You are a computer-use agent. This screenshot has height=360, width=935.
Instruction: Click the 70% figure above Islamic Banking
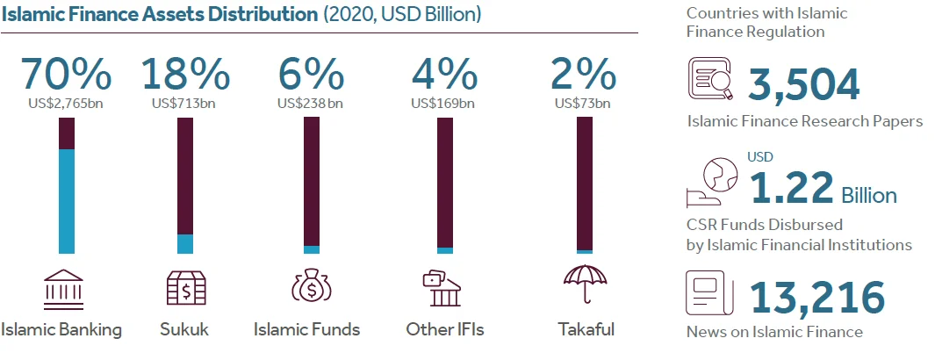(x=66, y=76)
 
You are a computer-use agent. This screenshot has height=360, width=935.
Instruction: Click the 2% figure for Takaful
(x=584, y=76)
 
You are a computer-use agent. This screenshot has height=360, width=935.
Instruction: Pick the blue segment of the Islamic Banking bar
(x=67, y=201)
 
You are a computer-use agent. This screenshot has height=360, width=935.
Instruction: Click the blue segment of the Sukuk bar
(x=185, y=244)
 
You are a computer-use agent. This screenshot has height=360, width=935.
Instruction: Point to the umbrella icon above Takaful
(x=585, y=285)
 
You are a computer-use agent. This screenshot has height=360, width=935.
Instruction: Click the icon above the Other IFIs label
(x=443, y=290)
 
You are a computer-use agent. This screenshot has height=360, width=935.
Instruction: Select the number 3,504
(x=804, y=85)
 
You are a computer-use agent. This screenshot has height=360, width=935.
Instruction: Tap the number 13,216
(x=816, y=298)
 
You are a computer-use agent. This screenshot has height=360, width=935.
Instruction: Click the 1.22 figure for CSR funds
(x=791, y=187)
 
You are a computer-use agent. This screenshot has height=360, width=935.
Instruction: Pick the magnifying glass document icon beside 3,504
(x=709, y=81)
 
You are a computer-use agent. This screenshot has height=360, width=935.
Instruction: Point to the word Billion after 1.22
(x=869, y=194)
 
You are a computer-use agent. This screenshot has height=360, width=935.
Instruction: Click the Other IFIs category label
(x=445, y=330)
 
